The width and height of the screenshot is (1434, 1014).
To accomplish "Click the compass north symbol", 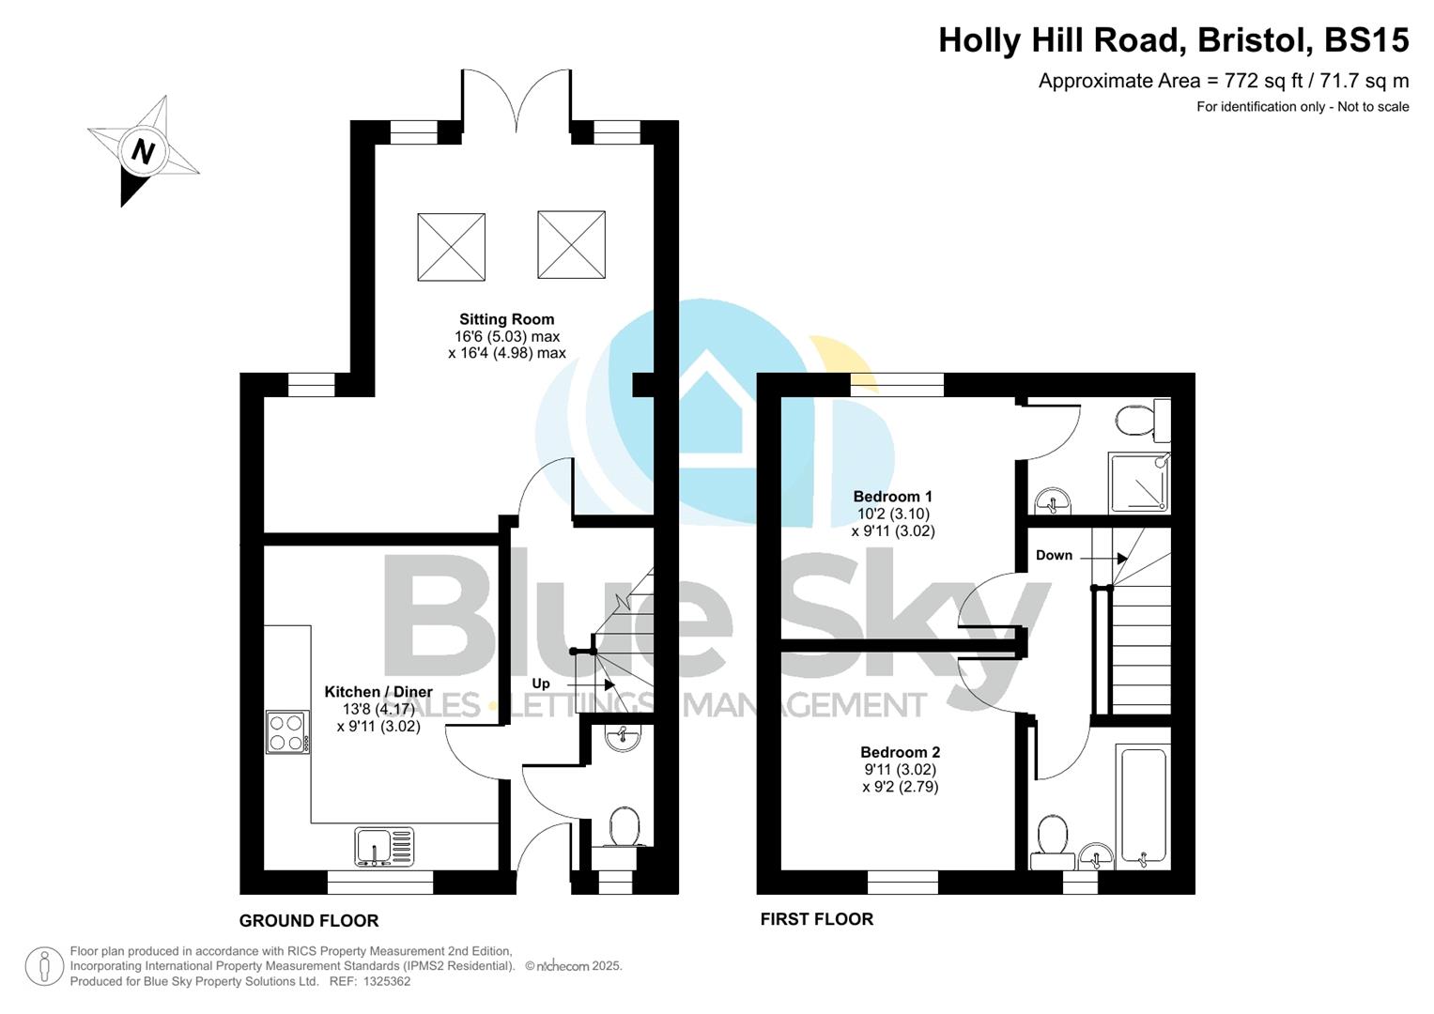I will point(143,151).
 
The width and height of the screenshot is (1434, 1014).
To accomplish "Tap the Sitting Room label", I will point(506,319).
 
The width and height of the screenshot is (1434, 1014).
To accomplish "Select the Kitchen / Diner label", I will point(378,692).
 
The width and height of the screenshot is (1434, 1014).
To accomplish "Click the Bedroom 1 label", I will point(892,497).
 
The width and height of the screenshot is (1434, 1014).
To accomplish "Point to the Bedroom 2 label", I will point(900,752).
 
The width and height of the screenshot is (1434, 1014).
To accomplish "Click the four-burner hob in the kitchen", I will point(287,732).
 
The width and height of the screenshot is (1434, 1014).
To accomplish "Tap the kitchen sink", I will point(384,846).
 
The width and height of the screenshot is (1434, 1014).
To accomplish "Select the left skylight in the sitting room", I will point(451,247).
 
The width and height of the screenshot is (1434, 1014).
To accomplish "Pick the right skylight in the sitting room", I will point(571,245).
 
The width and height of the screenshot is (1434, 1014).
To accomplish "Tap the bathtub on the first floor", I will point(1143,807).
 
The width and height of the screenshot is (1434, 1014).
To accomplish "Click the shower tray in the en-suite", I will point(1139,483).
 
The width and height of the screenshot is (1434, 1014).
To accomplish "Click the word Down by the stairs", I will point(1054,555).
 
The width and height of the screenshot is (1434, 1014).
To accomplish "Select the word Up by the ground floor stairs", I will point(541,684).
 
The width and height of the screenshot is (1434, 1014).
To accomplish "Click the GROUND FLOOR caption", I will point(309,921).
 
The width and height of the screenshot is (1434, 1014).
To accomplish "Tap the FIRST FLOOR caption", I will point(816,919).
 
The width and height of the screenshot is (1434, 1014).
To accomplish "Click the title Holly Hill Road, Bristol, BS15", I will point(1173,40).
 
